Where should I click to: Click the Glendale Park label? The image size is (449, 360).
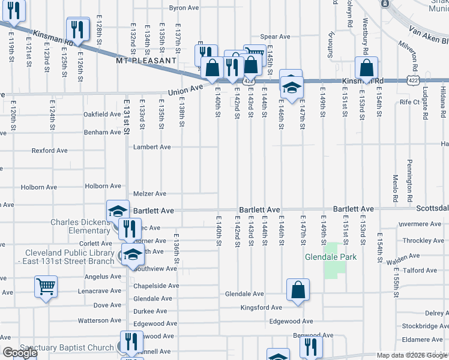[331, 257]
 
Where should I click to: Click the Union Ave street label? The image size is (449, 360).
[183, 91]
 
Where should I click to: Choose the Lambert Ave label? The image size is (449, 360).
[152, 147]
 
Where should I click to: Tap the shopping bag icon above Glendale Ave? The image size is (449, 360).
[298, 291]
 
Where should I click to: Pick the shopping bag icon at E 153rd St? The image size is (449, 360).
[365, 68]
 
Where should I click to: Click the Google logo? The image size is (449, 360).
[20, 353]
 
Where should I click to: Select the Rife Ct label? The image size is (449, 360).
[409, 102]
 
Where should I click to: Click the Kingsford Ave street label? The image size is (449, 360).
[261, 308]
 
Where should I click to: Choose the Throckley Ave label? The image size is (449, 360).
[423, 241]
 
